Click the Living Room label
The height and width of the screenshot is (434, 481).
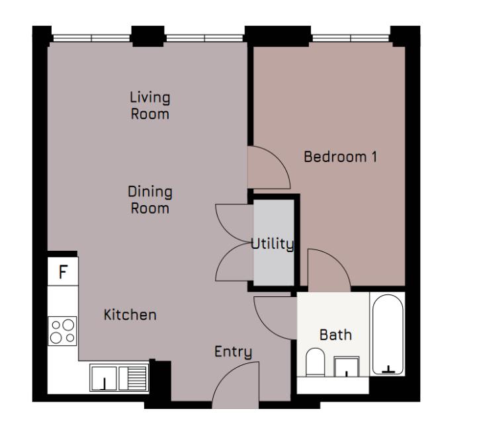(150, 106)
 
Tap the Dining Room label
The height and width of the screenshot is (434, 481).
(150, 200)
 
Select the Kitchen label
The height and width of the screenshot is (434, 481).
(130, 315)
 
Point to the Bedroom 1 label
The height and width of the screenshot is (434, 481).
(340, 157)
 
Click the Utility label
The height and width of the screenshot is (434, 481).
(272, 243)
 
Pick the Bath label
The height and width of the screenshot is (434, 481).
(335, 335)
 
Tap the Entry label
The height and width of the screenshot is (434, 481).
(233, 352)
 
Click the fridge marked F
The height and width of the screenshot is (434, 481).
(63, 272)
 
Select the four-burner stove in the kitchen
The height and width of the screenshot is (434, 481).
(63, 331)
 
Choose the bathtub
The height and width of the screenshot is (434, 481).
(387, 334)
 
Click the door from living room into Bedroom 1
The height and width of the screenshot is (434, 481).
(267, 168)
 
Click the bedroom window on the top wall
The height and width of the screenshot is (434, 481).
(351, 37)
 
